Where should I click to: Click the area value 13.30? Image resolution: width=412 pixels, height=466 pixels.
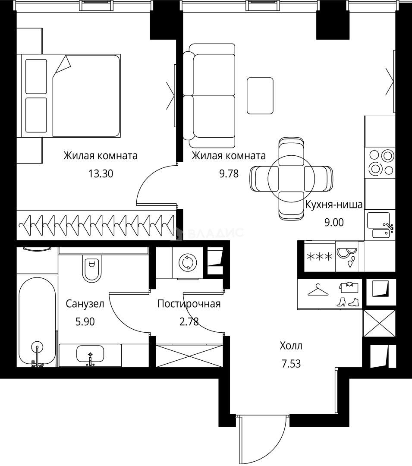point(101,173)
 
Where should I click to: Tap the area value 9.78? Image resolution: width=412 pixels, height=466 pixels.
point(229,173)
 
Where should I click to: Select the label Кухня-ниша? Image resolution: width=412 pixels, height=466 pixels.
point(334,205)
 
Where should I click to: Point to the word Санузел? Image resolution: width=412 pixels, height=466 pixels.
point(85,304)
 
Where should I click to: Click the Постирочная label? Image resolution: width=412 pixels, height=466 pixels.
point(189,304)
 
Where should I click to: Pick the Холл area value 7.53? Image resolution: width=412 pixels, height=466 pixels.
point(291,363)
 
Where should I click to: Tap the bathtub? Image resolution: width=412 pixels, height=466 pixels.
point(37,321)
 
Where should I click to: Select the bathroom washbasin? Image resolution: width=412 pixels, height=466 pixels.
point(90,353)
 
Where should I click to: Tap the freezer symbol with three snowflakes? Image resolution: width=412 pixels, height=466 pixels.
point(319,256)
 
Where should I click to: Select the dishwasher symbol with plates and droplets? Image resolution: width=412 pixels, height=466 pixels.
point(347,256)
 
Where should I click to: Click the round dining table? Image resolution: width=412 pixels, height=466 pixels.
point(291,179)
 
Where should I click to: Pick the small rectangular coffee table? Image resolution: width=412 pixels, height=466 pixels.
point(260,96)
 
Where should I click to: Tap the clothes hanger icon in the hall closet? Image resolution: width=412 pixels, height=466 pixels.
point(318,290)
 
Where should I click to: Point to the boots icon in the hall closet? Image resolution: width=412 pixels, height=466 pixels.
point(348,302)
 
